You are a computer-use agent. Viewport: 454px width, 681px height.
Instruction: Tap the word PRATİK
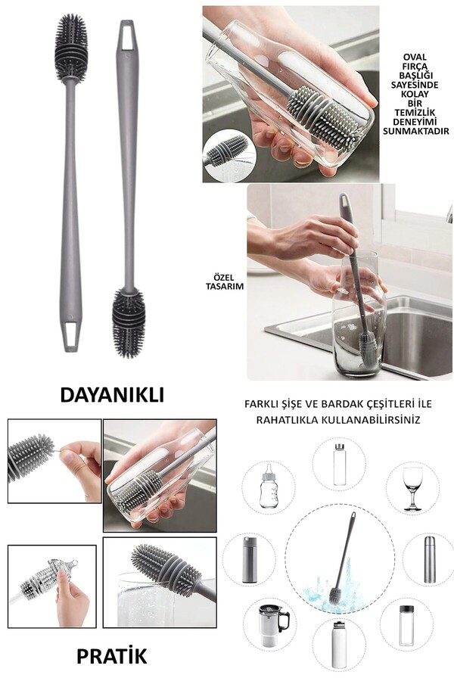coord(113,655)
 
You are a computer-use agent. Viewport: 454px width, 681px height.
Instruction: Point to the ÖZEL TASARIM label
coord(228,281)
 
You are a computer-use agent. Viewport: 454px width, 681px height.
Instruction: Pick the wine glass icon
coord(412,484)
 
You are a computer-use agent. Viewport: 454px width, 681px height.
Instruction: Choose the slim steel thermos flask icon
coord(428,559)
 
